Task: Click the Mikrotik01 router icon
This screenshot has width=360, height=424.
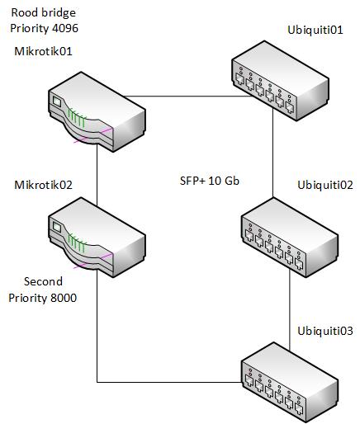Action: point(97,111)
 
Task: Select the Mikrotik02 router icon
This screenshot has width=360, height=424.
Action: point(97,237)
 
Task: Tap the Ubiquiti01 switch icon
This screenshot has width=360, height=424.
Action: point(281,81)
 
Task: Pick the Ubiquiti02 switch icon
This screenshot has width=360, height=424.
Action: point(290,237)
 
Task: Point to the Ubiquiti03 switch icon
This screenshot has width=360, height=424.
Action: point(290,382)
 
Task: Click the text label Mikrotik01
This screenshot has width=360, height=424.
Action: point(43,51)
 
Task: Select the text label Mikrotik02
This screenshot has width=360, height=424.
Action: point(43,185)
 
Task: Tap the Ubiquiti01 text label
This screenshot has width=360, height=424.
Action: point(315,30)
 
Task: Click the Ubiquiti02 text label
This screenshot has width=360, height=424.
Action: point(325,185)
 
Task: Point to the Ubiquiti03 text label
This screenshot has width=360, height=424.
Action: point(325,331)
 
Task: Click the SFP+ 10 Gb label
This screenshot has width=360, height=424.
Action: point(210,181)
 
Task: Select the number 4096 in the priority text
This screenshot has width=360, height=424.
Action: point(65,28)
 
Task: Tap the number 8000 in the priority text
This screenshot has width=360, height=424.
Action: point(64,298)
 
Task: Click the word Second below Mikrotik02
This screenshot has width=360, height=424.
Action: point(43,281)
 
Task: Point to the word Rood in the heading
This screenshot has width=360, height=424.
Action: point(23,12)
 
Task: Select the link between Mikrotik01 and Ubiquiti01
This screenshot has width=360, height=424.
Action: point(188,97)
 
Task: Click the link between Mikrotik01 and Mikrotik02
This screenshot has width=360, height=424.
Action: point(97,175)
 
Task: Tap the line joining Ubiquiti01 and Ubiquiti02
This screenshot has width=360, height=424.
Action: point(272,153)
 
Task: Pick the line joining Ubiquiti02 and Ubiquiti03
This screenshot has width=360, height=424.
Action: point(290,310)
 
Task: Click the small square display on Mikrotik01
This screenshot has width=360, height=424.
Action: point(57,101)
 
